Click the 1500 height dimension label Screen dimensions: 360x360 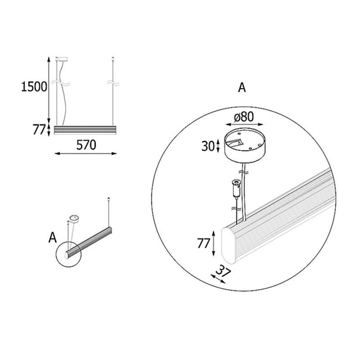click(34, 87)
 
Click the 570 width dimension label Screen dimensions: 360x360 click(86, 145)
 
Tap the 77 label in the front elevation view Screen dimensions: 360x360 click(39, 129)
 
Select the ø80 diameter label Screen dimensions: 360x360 click(244, 117)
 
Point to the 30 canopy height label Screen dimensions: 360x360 click(208, 147)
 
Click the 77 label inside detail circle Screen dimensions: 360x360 click(203, 243)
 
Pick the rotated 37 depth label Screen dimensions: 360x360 click(223, 272)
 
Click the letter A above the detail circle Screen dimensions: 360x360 click(242, 88)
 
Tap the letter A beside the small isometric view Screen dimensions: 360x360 click(52, 237)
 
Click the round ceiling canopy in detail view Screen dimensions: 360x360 click(245, 145)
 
